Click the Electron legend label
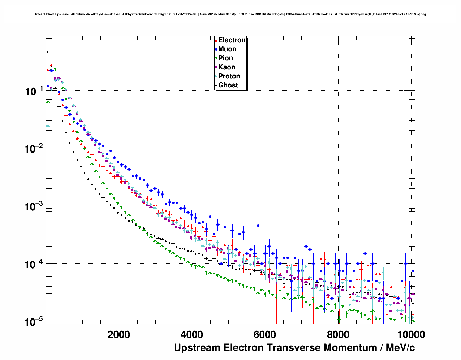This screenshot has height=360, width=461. [x=232, y=40]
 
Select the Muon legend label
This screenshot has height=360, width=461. [x=227, y=49]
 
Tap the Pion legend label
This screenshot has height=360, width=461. [x=225, y=58]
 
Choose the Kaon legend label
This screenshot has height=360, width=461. [x=227, y=67]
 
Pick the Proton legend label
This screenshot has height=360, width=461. [x=229, y=76]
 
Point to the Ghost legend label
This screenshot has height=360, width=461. [x=228, y=85]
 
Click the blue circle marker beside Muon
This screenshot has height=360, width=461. [x=216, y=49]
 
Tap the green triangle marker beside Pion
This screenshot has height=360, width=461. [x=216, y=58]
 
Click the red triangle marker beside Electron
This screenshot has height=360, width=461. [x=216, y=40]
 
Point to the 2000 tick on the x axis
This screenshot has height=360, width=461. [x=119, y=335]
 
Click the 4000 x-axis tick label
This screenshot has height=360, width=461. [x=192, y=335]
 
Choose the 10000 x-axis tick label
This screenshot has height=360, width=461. [x=411, y=335]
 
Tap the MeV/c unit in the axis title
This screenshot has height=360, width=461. [x=400, y=348]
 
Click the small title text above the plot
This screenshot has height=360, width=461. [x=230, y=14]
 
